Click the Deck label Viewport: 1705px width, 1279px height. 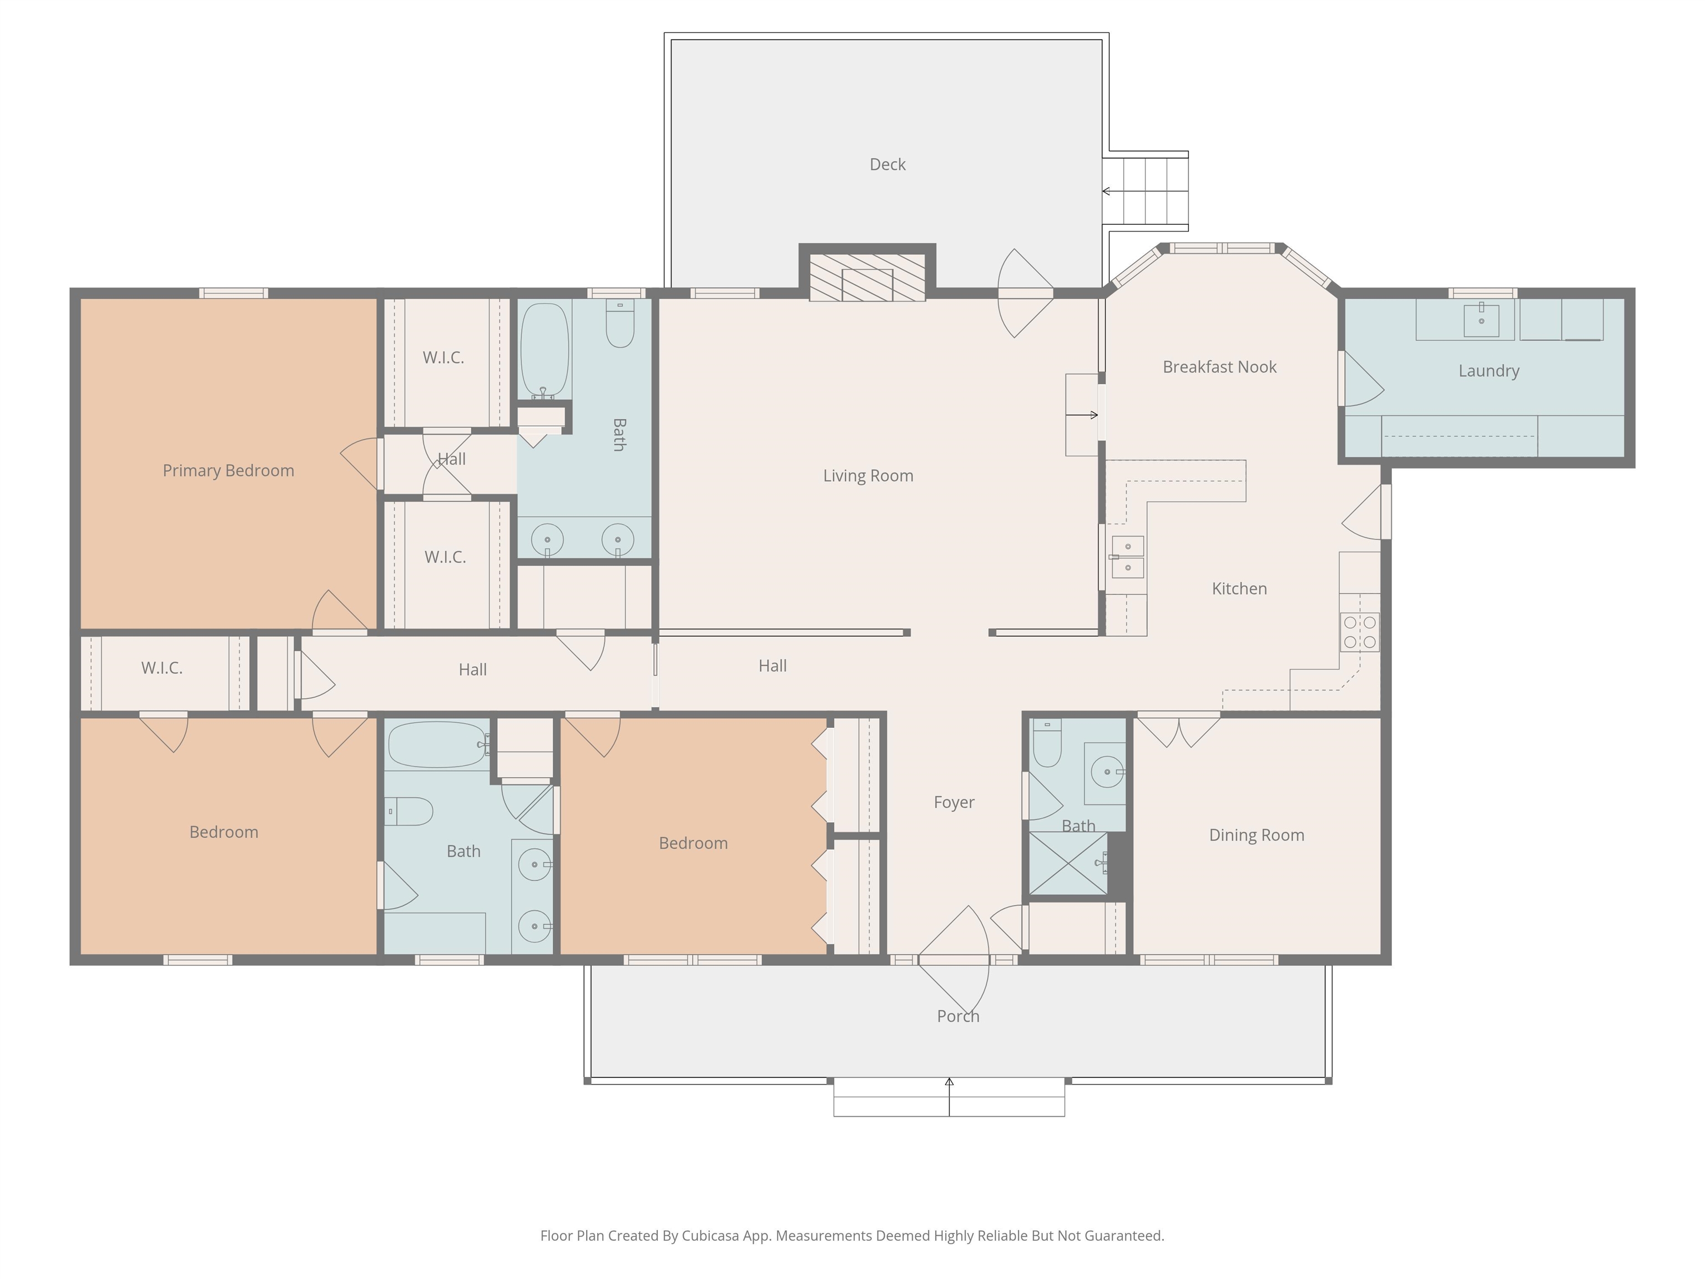887,164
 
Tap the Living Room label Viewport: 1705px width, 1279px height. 868,476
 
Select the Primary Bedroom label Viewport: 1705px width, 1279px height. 228,470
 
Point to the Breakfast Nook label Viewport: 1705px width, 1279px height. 1219,367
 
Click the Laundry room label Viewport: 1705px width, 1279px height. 1489,371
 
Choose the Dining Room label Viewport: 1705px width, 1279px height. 1257,835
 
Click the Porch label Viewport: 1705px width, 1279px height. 958,1016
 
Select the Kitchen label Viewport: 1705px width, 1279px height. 1239,589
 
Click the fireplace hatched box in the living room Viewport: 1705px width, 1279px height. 867,277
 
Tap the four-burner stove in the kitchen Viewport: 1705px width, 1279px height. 1360,632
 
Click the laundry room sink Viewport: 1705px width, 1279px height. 1481,320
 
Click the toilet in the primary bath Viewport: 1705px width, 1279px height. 620,323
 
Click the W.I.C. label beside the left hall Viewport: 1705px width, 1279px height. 162,668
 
